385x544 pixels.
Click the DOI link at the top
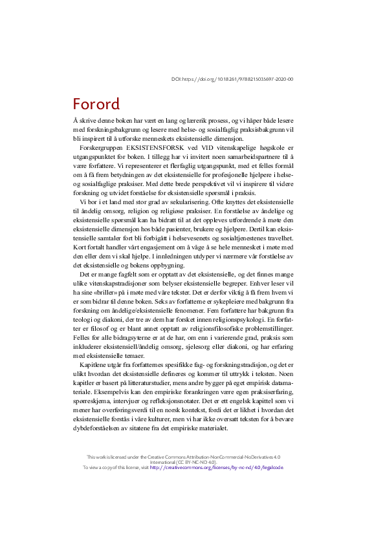[x=232, y=79]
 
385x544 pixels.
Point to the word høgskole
[x=272, y=148]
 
